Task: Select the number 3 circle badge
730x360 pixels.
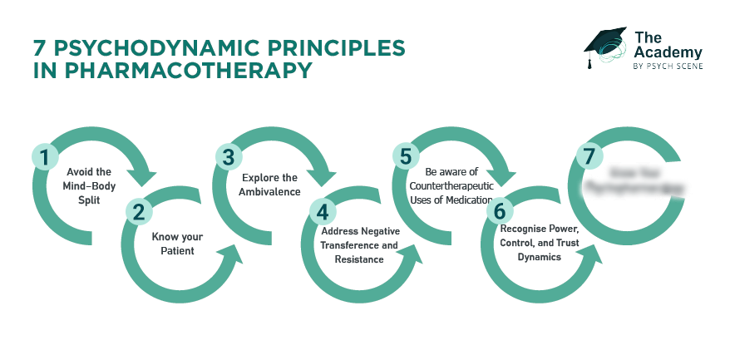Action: pos(226,155)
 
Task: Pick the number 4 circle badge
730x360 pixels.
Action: pos(319,211)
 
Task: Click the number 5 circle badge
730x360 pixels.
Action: pos(405,155)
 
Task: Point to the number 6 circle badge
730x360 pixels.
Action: pos(499,211)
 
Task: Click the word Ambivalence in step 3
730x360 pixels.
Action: pos(269,193)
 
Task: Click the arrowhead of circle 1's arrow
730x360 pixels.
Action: pos(148,177)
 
